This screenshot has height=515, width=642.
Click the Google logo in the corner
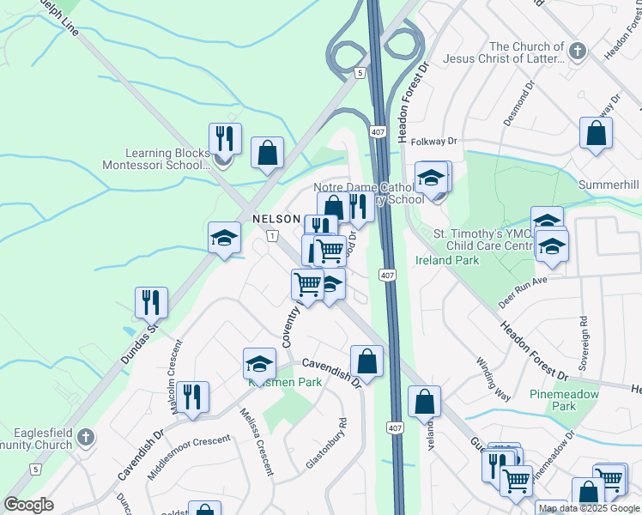[28, 505]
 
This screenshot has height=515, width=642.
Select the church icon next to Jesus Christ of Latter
[578, 52]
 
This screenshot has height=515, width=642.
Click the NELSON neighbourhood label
[276, 220]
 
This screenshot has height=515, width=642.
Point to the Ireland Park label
[447, 259]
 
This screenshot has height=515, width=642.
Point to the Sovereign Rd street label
[584, 342]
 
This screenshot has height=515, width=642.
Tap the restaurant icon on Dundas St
[151, 302]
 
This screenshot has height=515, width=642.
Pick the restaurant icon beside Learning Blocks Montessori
[225, 137]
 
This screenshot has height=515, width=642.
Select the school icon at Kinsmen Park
[259, 363]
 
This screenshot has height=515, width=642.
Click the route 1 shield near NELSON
[271, 236]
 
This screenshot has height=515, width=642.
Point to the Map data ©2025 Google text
[590, 508]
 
